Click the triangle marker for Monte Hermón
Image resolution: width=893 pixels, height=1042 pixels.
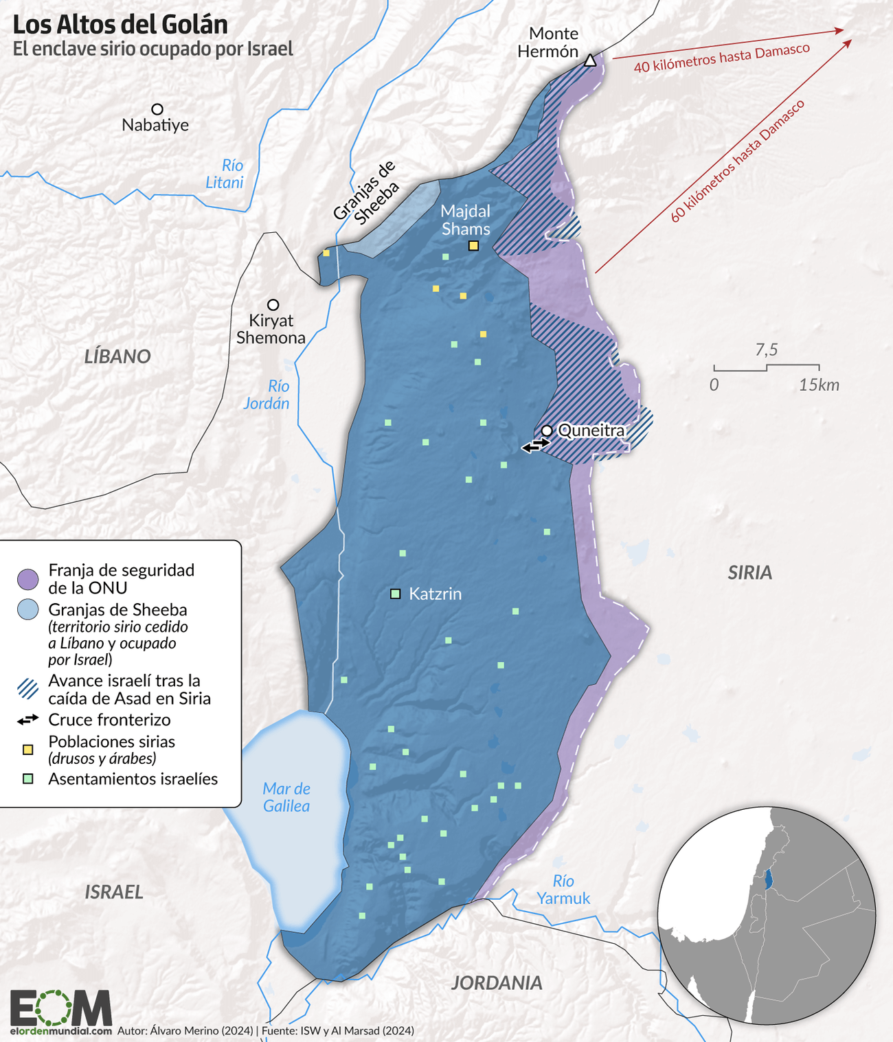[x=589, y=60]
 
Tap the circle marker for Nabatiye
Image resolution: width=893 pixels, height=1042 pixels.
[x=157, y=109]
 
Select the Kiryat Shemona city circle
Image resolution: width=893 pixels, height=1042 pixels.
[x=273, y=304]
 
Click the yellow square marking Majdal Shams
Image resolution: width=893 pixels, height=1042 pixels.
[x=473, y=246]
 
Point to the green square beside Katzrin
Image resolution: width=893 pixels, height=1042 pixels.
[x=395, y=593]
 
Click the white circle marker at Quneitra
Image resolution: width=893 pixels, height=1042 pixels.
[x=547, y=431]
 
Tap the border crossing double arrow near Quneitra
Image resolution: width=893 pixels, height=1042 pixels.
[x=535, y=446]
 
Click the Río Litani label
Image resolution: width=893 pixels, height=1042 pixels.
[x=226, y=174]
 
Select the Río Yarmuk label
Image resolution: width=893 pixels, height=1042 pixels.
[x=563, y=890]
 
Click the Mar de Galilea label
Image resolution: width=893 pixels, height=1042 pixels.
[x=286, y=797]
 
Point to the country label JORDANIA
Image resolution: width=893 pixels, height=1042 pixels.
[x=497, y=983]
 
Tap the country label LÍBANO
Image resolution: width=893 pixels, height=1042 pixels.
[x=117, y=356]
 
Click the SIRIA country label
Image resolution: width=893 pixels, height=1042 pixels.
[x=749, y=573]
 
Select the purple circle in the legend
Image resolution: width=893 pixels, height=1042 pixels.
[x=28, y=579]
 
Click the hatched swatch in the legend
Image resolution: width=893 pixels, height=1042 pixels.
[x=28, y=689]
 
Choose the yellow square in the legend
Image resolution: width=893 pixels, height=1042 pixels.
[x=28, y=749]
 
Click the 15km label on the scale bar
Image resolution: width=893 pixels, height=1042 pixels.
[x=819, y=385]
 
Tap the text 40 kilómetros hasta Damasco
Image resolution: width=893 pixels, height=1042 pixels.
[x=721, y=58]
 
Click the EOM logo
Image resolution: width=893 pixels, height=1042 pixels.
[x=60, y=1008]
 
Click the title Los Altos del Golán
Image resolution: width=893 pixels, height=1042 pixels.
[x=120, y=25]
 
